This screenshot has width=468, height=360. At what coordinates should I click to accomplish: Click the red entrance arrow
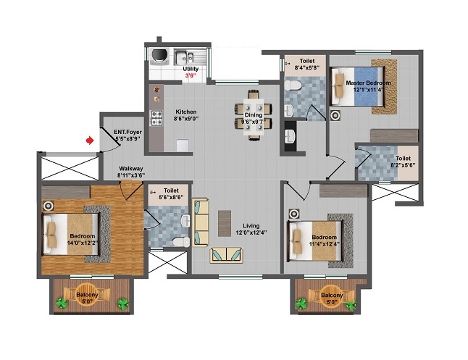click(x=90, y=140)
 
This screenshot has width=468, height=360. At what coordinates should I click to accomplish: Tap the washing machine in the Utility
click(x=159, y=56)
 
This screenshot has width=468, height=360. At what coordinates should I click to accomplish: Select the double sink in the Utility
click(x=184, y=57)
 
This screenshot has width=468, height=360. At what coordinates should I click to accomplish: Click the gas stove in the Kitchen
click(x=156, y=118)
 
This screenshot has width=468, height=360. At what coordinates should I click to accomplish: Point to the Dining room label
click(x=254, y=115)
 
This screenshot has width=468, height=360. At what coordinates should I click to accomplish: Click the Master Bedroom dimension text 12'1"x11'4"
click(x=368, y=89)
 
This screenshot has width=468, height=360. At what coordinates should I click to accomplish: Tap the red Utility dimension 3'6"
click(x=191, y=75)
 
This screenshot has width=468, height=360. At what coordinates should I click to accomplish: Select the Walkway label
click(x=131, y=169)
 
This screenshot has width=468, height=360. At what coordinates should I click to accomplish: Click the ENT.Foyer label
click(x=128, y=132)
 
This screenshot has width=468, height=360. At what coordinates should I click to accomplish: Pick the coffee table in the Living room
click(x=225, y=223)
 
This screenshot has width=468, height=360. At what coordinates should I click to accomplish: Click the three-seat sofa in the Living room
click(x=200, y=222)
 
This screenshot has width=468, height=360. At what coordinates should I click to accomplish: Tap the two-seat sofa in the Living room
click(x=226, y=255)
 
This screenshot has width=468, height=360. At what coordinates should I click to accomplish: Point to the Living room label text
click(x=251, y=226)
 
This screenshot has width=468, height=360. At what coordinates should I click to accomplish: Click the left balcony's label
click(x=87, y=295)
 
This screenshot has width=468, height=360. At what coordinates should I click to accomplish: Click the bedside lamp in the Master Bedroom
click(x=335, y=115)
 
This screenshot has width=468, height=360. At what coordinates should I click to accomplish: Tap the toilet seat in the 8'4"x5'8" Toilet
click(x=292, y=85)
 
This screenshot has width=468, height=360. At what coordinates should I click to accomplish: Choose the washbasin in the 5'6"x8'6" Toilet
click(x=185, y=221)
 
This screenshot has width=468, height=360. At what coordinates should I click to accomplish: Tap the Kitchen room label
click(x=186, y=112)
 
